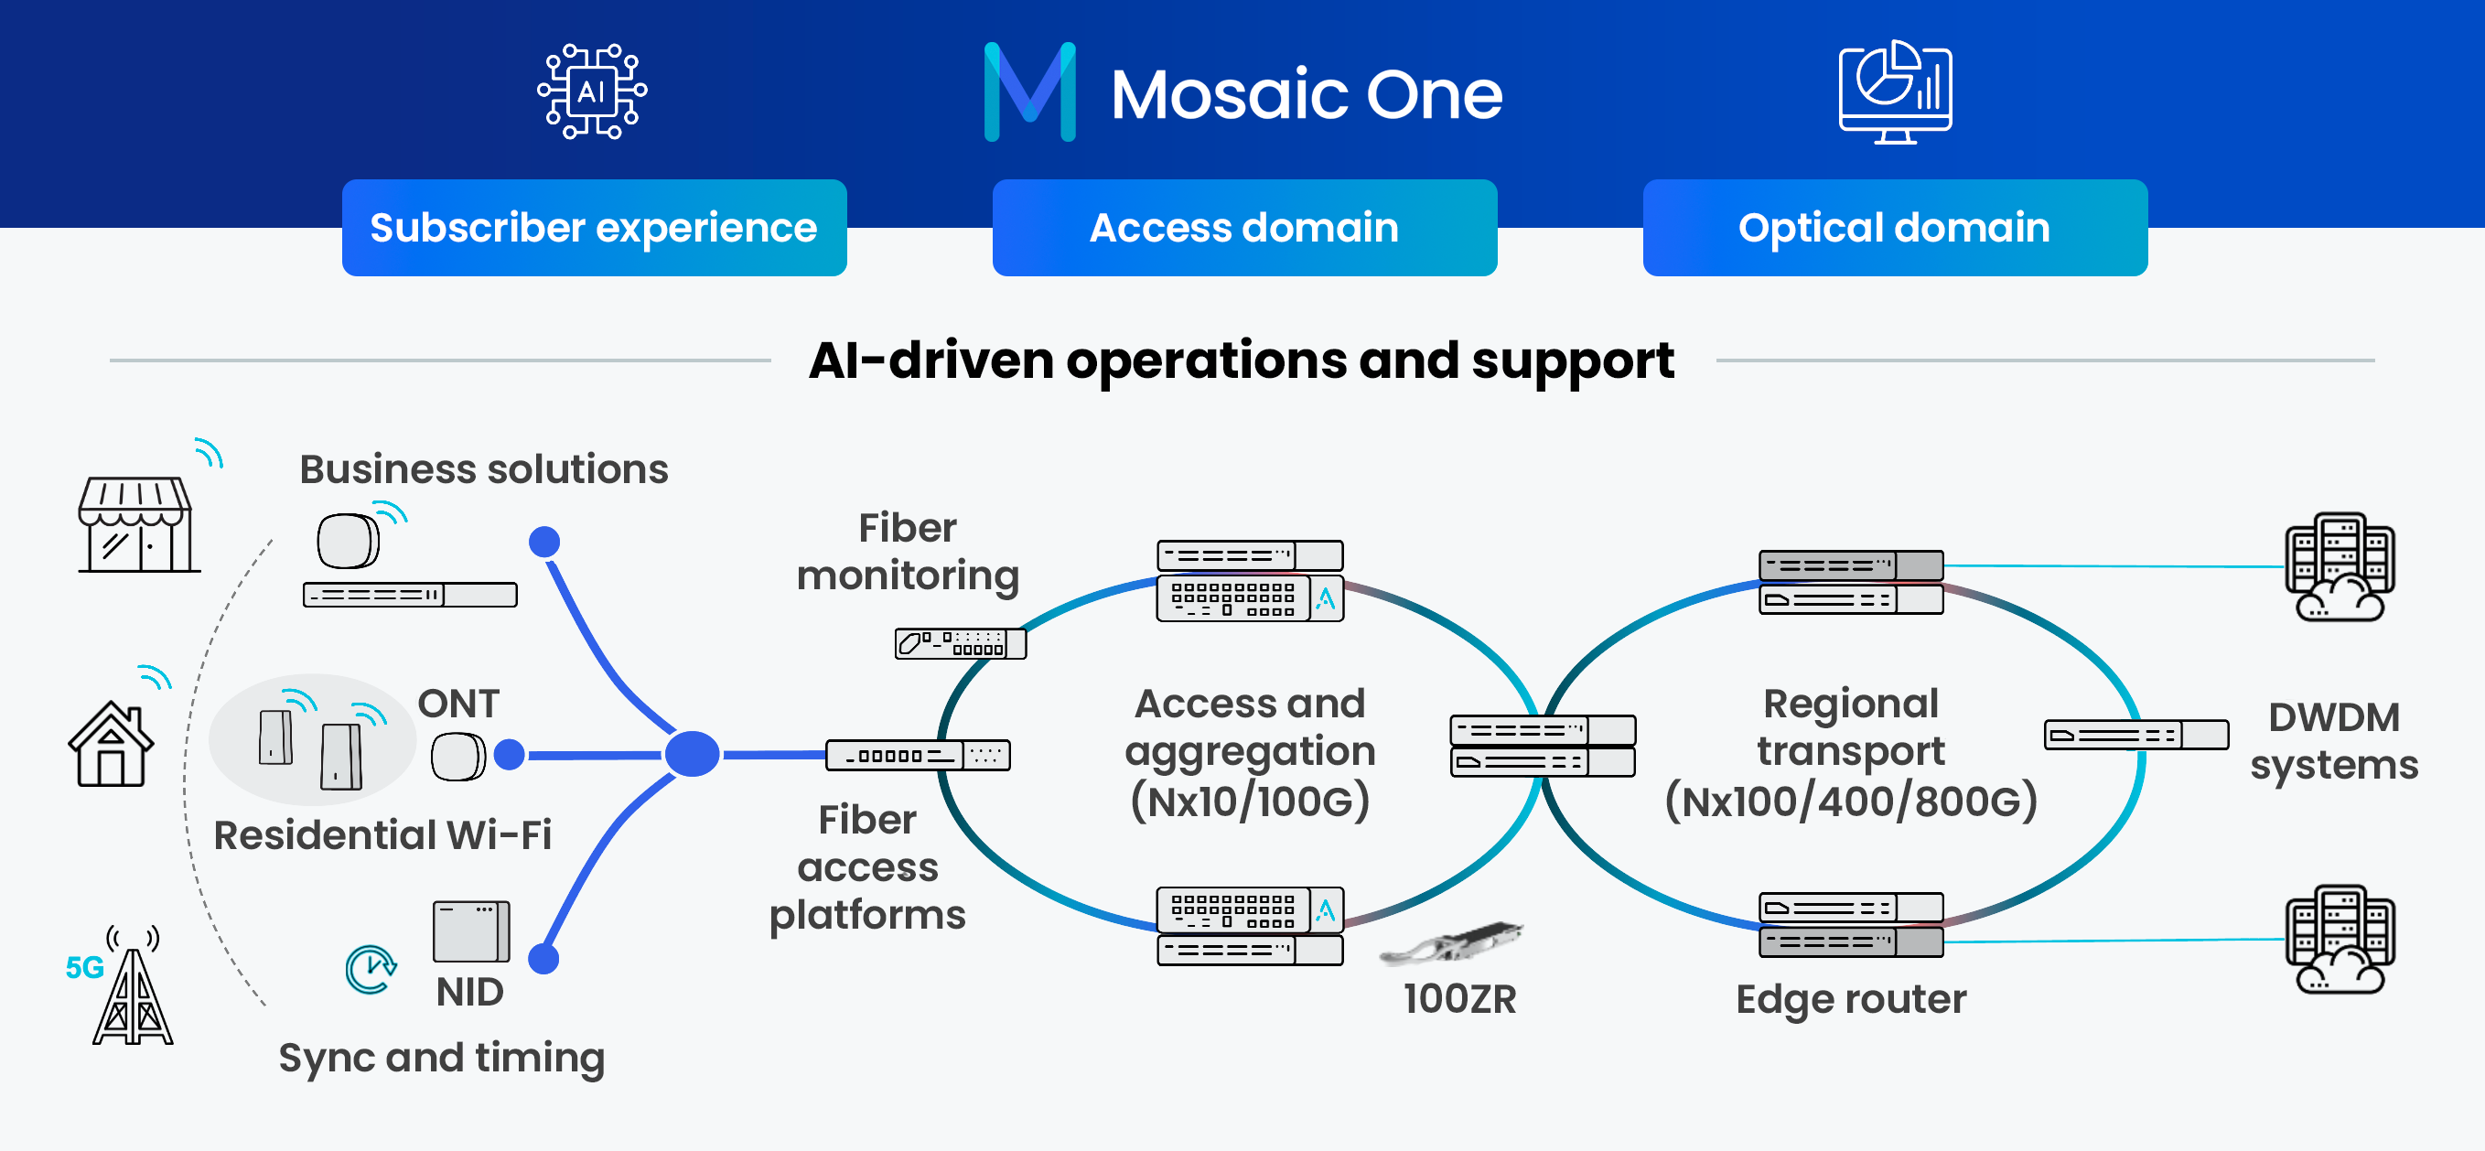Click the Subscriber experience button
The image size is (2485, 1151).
point(594,228)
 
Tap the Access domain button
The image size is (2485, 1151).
point(1244,228)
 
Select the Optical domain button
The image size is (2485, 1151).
point(1895,228)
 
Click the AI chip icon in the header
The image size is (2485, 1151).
point(591,91)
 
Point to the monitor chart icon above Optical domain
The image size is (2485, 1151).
point(1895,91)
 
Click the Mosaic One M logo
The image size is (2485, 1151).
point(1029,92)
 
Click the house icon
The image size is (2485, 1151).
point(111,744)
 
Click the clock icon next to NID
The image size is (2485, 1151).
point(371,970)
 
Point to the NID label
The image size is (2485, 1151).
point(469,992)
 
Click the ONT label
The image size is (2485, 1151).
point(458,704)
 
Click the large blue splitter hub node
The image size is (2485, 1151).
point(692,755)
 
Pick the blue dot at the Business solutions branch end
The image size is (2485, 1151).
point(545,542)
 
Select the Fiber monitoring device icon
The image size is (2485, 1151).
point(960,643)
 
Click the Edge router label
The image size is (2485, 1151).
point(1850,999)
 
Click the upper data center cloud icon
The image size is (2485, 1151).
point(2340,567)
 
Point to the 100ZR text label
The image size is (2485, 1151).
point(1459,999)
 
